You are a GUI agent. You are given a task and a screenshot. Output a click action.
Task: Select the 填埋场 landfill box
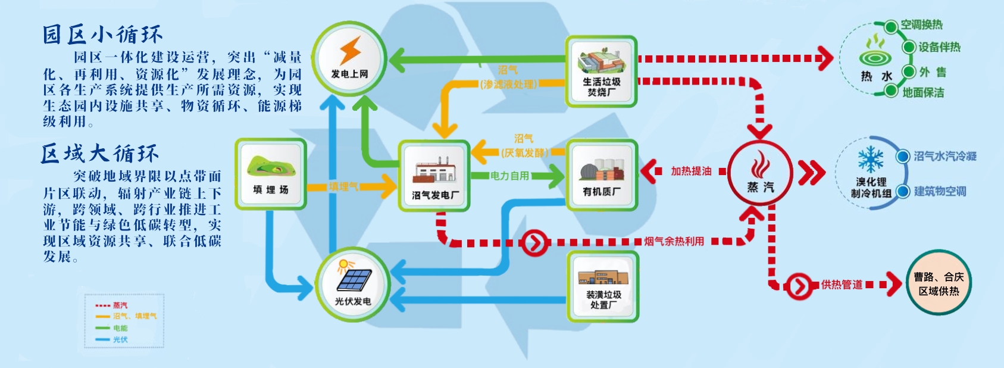271,174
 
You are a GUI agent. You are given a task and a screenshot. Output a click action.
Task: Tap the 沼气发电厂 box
434,176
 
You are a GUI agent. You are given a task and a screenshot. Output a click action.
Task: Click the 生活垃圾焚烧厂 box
602,71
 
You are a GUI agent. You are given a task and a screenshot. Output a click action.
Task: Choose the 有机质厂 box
602,175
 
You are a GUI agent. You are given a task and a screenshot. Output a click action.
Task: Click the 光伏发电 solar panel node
353,284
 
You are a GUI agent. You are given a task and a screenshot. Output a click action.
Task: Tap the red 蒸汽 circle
760,172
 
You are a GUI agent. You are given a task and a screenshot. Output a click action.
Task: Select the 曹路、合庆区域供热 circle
939,283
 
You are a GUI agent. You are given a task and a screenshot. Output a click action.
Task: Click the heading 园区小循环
102,35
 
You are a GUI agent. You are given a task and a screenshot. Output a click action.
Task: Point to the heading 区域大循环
100,154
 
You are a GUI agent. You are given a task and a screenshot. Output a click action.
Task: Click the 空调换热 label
921,25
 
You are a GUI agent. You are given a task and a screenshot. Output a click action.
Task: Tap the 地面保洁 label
923,92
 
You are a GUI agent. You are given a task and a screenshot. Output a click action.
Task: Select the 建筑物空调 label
940,191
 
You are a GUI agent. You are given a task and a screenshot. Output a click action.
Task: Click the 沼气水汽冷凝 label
945,156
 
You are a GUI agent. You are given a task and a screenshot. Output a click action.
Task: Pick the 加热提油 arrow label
691,171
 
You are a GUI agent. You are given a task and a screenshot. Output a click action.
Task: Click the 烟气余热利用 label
674,241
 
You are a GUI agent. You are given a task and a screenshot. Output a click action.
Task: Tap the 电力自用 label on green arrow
509,176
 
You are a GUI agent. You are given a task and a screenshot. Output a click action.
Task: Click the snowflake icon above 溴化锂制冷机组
871,159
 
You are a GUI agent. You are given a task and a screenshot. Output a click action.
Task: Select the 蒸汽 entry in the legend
120,305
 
